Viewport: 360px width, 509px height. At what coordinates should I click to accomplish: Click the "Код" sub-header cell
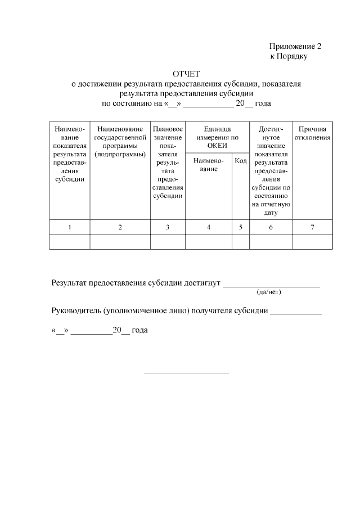(x=240, y=161)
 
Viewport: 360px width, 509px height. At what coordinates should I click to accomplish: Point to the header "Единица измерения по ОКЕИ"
(x=209, y=137)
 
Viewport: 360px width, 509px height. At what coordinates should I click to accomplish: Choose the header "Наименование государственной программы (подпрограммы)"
(x=120, y=142)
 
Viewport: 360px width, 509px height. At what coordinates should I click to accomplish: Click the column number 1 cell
(x=70, y=227)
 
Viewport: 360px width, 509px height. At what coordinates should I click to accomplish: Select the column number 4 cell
(x=209, y=227)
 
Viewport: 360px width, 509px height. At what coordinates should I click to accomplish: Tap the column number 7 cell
(x=312, y=227)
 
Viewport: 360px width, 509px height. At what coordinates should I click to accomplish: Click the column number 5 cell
(x=240, y=227)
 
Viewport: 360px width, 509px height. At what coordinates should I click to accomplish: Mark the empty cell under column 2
(x=120, y=242)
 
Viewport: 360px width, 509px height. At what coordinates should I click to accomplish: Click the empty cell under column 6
(x=271, y=242)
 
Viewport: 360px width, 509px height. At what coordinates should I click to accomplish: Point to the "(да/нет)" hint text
(x=268, y=292)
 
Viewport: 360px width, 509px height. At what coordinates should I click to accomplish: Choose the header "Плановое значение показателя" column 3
(x=168, y=162)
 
